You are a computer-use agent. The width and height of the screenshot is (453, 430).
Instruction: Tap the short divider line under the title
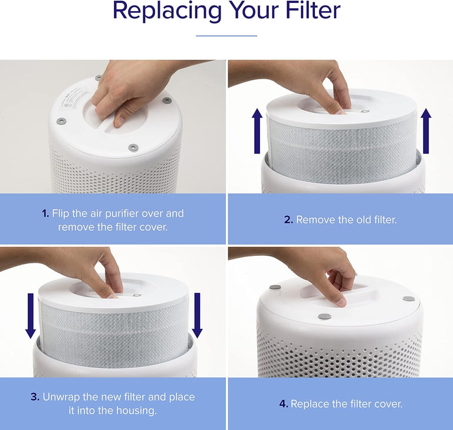click(226, 36)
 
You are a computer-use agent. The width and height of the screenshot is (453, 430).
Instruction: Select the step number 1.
click(45, 213)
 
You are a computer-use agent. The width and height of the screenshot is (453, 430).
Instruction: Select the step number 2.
click(288, 220)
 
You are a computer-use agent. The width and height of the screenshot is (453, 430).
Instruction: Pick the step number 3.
click(35, 397)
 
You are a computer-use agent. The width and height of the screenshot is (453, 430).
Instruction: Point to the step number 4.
click(283, 404)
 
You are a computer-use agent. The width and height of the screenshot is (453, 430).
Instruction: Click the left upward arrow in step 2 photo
click(257, 131)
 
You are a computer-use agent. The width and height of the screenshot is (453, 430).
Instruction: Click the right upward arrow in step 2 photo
click(426, 131)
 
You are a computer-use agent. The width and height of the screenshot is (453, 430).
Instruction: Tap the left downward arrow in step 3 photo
click(30, 315)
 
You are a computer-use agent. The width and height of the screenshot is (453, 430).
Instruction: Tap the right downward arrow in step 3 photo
click(197, 315)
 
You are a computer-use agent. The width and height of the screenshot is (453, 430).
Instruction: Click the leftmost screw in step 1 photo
click(61, 121)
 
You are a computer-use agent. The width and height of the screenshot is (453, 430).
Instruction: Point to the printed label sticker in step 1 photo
click(77, 100)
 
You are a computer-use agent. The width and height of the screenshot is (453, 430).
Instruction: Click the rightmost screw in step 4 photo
click(408, 298)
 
